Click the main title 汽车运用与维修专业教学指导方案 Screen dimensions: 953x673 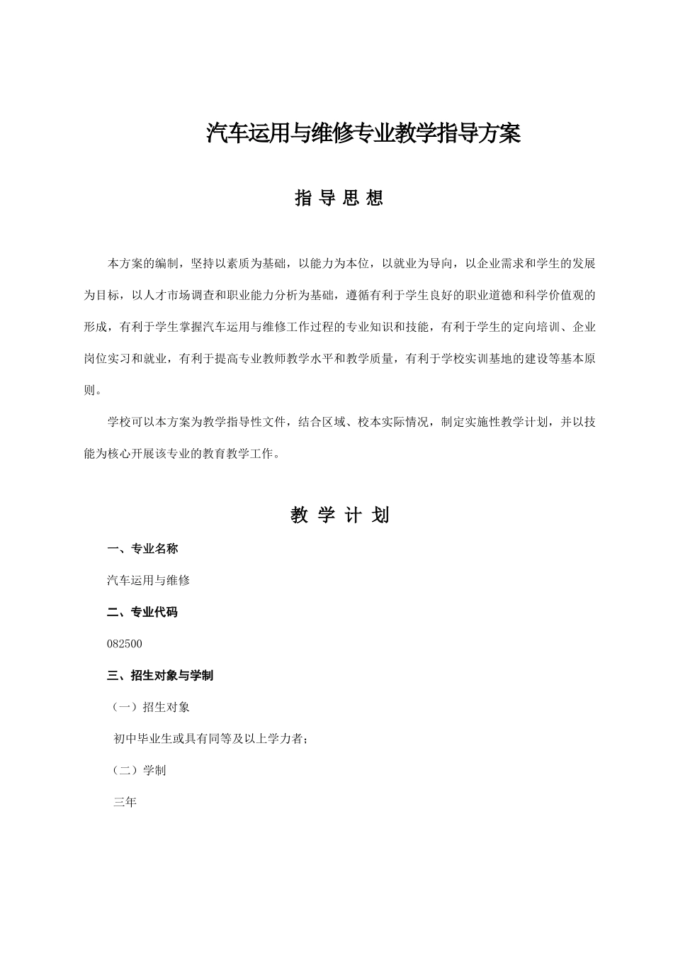pos(363,133)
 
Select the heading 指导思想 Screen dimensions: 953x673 pos(339,199)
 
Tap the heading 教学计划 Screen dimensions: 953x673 pos(339,515)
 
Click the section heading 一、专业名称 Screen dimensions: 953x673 pos(142,548)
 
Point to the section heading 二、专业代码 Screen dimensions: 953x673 pos(142,612)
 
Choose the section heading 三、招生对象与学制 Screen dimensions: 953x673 pos(160,675)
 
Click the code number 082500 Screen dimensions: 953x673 pos(125,644)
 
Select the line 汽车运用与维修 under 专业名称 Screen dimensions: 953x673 pos(148,580)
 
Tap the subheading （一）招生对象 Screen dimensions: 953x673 pos(151,707)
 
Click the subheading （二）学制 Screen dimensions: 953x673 pos(139,770)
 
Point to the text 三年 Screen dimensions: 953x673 pos(125,803)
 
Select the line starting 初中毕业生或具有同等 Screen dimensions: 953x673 pos(210,739)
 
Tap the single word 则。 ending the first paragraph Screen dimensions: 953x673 pos(92,390)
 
